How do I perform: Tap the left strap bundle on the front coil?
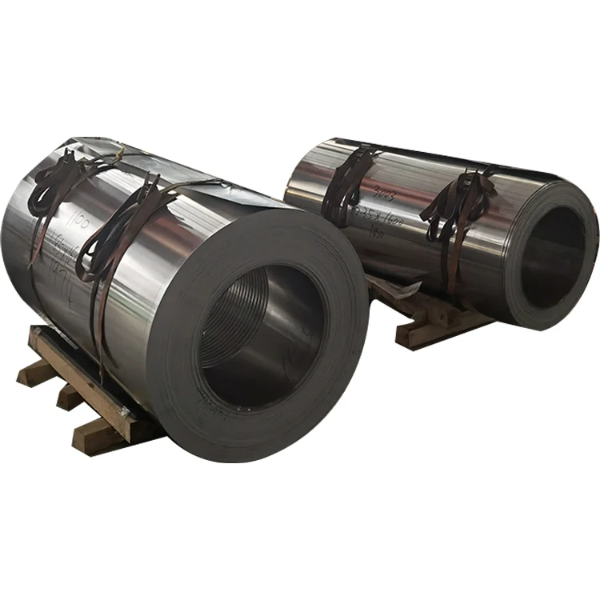pyautogui.click(x=56, y=184)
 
